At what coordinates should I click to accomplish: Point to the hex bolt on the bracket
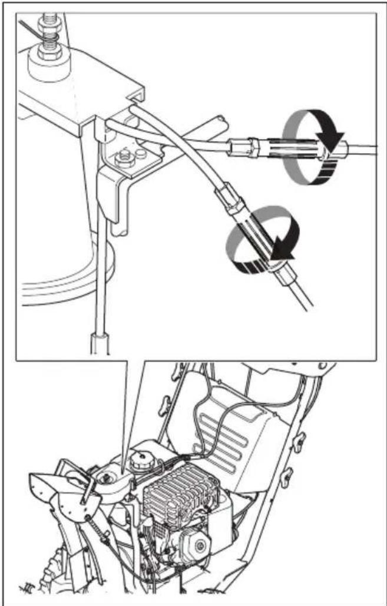125,157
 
